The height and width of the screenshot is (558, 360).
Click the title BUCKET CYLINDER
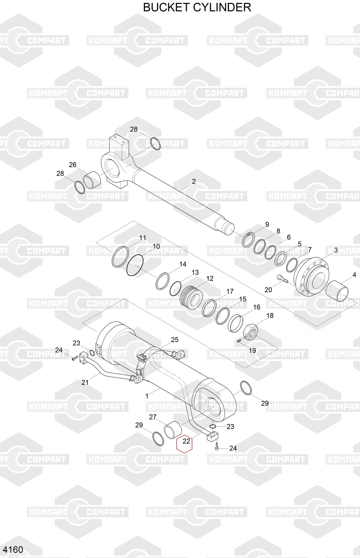197,7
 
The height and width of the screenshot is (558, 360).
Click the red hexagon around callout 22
185,444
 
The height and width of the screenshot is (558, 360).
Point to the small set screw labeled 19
239,341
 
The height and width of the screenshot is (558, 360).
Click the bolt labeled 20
282,278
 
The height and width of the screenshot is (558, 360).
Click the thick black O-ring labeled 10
135,265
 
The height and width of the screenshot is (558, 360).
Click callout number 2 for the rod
194,182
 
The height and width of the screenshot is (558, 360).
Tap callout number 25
175,340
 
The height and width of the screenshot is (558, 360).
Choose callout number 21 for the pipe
85,382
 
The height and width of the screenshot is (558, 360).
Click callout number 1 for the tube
147,396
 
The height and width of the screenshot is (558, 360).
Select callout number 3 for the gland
336,250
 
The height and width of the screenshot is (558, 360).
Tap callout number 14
183,264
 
